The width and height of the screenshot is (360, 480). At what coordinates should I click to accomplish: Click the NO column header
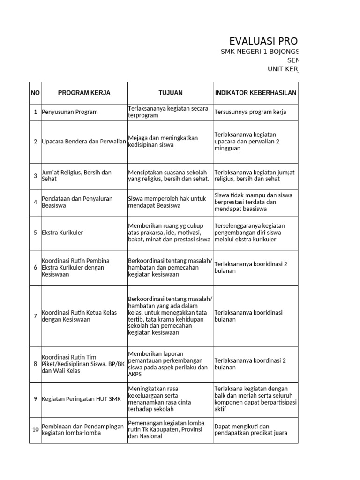click(35, 93)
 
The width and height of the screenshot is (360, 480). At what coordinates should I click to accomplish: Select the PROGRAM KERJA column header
click(84, 93)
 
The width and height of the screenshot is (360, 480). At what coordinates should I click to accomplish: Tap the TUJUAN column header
click(171, 93)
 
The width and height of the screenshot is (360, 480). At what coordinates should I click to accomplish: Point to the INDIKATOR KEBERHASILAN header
click(255, 93)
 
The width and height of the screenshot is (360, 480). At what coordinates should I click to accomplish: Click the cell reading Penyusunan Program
click(70, 112)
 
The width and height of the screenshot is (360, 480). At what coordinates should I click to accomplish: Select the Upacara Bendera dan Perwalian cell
click(84, 142)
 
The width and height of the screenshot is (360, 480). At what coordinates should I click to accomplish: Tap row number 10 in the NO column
click(35, 429)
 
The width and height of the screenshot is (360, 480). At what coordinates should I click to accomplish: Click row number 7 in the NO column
click(35, 316)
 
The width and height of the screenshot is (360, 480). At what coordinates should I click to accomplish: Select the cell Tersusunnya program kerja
click(250, 112)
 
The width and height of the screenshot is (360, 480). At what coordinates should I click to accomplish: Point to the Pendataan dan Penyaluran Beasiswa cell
click(77, 202)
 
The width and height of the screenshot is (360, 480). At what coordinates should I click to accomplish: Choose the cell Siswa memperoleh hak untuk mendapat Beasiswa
click(167, 202)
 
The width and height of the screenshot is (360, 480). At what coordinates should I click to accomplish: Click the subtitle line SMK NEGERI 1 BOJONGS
click(259, 52)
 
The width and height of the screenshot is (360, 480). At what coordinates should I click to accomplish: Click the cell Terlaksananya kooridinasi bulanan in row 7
click(248, 316)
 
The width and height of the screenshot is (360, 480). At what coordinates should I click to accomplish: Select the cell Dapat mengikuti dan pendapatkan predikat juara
click(250, 430)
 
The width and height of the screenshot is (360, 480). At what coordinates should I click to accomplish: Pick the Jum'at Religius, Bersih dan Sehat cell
click(77, 176)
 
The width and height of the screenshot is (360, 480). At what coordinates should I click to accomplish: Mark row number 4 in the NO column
click(35, 202)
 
